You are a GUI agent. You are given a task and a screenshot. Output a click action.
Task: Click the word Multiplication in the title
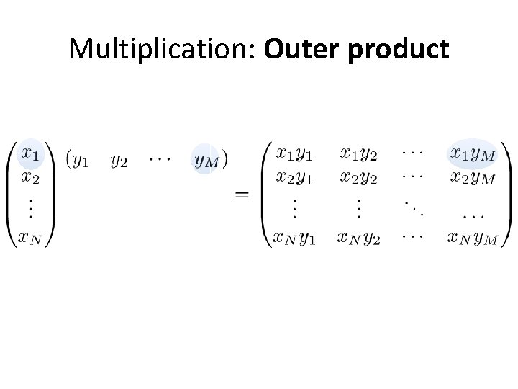pos(163,49)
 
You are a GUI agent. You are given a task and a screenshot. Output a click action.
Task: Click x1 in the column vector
pos(30,153)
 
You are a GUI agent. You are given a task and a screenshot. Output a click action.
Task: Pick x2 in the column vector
pos(30,177)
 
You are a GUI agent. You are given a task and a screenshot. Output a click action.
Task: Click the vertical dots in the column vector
pos(29,207)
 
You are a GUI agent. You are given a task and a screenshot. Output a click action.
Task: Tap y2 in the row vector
pos(119,160)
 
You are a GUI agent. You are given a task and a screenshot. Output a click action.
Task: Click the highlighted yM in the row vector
pos(206,160)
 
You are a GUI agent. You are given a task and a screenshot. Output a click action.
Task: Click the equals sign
pos(243,194)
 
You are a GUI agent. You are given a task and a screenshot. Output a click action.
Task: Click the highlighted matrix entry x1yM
pos(472,154)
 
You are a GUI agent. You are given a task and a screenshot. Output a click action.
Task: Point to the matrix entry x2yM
pos(472,177)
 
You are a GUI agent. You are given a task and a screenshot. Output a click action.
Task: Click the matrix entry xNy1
pos(294,238)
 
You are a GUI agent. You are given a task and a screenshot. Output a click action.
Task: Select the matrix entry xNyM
pos(472,238)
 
